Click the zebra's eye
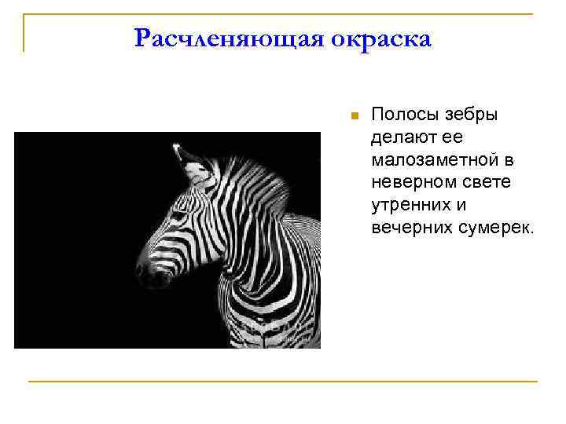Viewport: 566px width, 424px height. point(180,214)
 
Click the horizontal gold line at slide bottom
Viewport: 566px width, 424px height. point(283,382)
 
